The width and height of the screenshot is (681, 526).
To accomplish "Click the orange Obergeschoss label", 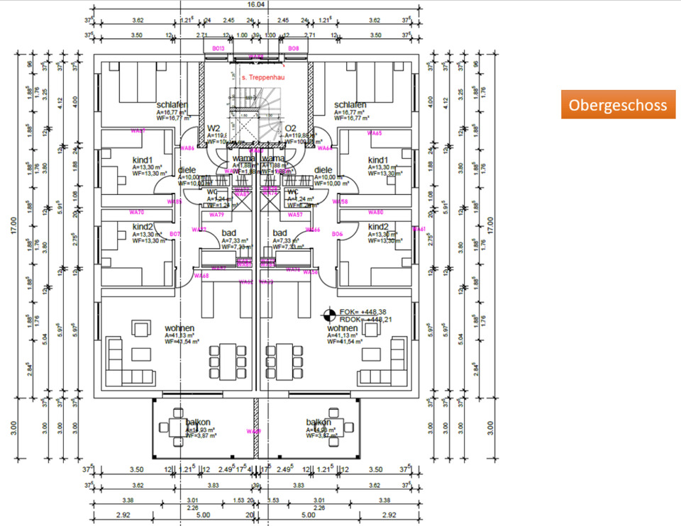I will [618, 105].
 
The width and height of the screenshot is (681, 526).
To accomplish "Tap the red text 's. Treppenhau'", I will [253, 74].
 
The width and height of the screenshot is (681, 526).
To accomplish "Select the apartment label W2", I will [214, 128].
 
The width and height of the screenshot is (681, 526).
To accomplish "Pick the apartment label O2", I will [290, 128].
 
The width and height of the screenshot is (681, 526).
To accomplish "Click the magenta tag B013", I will [218, 48].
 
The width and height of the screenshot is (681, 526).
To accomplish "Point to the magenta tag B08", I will [294, 48].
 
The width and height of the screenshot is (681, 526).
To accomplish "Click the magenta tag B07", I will [175, 233].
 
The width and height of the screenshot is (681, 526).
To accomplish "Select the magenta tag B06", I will [338, 233].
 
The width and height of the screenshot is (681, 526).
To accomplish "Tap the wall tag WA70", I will [137, 212].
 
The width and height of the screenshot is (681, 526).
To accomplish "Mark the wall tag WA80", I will [375, 212].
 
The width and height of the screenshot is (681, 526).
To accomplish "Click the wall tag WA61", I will [419, 229].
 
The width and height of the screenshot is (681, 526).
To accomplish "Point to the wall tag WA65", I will [375, 133].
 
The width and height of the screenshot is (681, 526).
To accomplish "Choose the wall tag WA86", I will [188, 148].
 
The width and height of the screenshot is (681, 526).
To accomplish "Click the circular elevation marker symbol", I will [329, 313].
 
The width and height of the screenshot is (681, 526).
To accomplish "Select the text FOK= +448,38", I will [362, 312].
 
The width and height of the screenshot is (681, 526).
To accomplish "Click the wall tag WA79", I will [217, 214].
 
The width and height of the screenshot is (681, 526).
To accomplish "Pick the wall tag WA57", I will [295, 214].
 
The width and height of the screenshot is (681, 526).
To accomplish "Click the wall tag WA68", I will [201, 276].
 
